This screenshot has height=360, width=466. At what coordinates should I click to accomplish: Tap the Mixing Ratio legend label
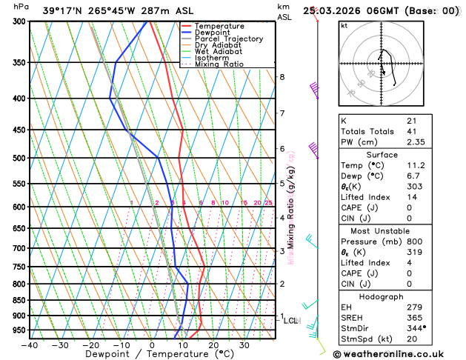219,64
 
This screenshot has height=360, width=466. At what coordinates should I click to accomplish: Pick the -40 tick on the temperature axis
30,345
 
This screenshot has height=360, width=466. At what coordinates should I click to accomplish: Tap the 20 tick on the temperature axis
213,345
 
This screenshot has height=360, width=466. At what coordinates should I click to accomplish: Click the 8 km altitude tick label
282,77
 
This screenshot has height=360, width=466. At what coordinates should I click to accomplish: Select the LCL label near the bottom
291,321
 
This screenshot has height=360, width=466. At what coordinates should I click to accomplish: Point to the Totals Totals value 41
411,131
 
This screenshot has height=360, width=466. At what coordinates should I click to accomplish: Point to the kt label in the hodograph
344,25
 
